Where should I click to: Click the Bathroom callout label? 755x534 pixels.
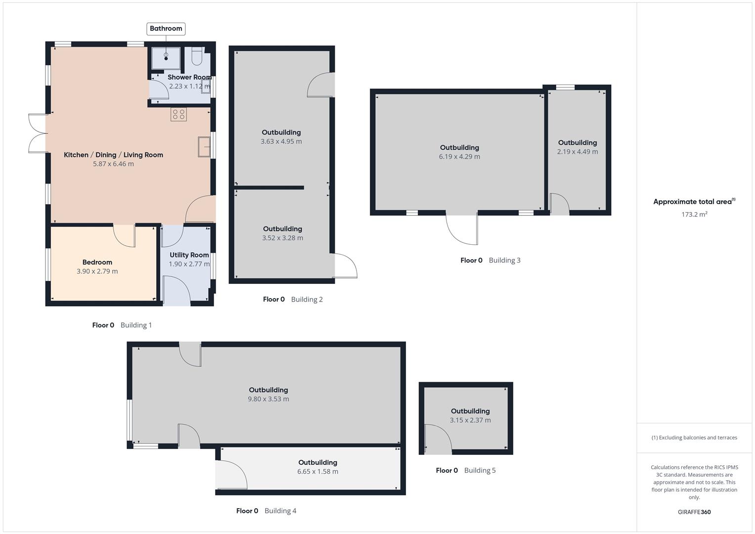click(x=166, y=29)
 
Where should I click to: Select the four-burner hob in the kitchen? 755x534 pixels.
click(x=178, y=115)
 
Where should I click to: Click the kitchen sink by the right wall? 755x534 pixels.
click(x=204, y=147)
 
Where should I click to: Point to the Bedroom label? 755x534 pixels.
click(x=97, y=262)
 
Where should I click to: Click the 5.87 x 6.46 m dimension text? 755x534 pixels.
click(x=113, y=164)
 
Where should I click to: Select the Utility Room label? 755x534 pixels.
click(x=189, y=255)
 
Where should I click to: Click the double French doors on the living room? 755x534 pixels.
click(x=38, y=133)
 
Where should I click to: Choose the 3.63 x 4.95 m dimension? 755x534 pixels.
click(x=281, y=141)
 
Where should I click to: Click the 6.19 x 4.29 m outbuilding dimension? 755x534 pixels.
click(x=459, y=156)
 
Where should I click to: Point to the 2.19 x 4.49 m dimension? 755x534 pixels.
click(x=577, y=152)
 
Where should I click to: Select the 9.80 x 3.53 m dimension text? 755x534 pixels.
click(x=268, y=399)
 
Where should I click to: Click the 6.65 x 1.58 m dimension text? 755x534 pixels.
click(x=318, y=472)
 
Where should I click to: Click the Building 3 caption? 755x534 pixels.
click(x=504, y=260)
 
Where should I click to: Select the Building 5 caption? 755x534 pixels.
click(x=480, y=470)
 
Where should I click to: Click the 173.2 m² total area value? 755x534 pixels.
click(x=694, y=214)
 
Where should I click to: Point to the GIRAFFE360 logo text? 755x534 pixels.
click(x=694, y=512)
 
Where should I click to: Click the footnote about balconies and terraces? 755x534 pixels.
click(x=694, y=438)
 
